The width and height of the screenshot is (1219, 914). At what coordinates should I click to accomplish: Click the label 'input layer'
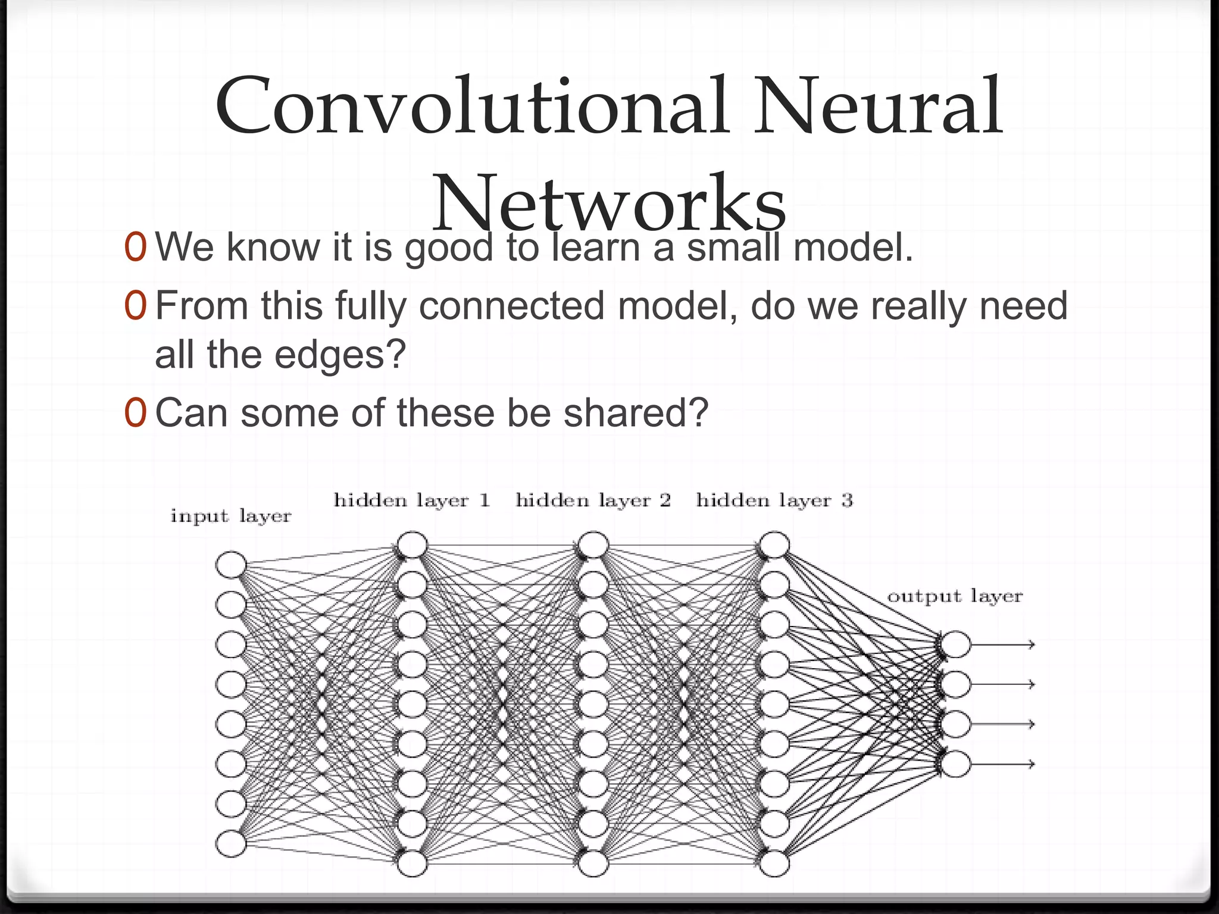[x=231, y=516]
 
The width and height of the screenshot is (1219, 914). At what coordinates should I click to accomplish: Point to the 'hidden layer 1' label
[x=412, y=500]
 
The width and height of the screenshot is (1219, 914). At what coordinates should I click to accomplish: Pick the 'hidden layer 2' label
[x=593, y=500]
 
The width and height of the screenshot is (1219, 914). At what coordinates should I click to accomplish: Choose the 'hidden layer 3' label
[x=774, y=500]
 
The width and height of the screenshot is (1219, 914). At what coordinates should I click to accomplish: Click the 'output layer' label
[x=955, y=596]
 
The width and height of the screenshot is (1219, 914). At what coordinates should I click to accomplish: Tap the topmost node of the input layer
[x=231, y=565]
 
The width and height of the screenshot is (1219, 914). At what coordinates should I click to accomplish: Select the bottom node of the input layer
[x=231, y=844]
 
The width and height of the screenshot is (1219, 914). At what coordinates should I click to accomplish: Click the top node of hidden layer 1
[x=412, y=545]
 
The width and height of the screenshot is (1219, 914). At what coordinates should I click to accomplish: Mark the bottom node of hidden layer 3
[x=774, y=863]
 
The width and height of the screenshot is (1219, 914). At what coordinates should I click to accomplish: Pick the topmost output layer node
[x=955, y=644]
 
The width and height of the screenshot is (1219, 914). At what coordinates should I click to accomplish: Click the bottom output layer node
[x=955, y=764]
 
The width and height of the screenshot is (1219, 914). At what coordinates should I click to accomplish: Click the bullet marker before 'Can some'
[x=135, y=413]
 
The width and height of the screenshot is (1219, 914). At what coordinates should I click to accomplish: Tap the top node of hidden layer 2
[x=593, y=545]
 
